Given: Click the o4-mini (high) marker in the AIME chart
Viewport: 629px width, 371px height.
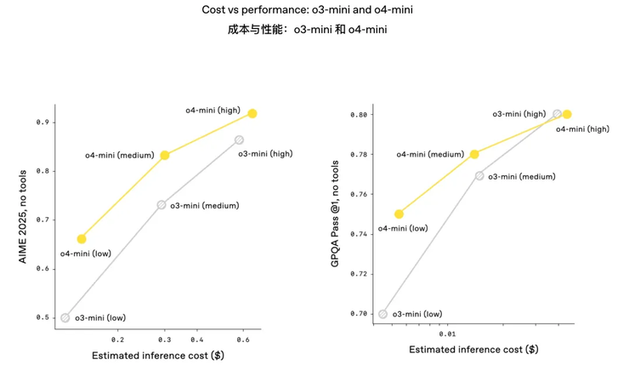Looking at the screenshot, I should point(252,113).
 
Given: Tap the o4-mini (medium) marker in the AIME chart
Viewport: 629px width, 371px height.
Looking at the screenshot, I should point(164,155).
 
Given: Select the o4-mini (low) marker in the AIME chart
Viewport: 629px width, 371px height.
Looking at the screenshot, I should point(82,239).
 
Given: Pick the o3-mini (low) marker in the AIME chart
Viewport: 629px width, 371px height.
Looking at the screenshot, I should point(65,317).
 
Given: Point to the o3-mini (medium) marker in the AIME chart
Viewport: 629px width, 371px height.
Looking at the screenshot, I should point(161,205).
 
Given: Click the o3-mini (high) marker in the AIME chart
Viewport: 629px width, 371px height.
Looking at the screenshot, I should point(239,140).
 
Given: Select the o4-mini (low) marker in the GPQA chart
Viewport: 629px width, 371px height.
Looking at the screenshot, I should point(399,214).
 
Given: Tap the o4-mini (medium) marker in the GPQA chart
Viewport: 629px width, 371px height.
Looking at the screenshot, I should point(474,154).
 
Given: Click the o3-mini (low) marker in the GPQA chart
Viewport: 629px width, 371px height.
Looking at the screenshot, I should point(382,314).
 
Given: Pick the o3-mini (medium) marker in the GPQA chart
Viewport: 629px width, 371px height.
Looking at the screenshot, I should point(479,175).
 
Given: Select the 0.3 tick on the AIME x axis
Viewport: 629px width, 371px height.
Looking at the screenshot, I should point(163,339).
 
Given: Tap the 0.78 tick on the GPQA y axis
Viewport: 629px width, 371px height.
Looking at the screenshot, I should point(360,154).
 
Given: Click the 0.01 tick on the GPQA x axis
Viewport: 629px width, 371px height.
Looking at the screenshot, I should point(448,334).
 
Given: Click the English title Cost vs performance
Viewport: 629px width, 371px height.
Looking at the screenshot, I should point(314,12).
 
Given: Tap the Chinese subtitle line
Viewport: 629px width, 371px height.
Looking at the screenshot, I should point(314,30).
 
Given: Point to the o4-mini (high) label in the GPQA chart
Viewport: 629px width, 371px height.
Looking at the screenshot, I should point(582,128).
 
